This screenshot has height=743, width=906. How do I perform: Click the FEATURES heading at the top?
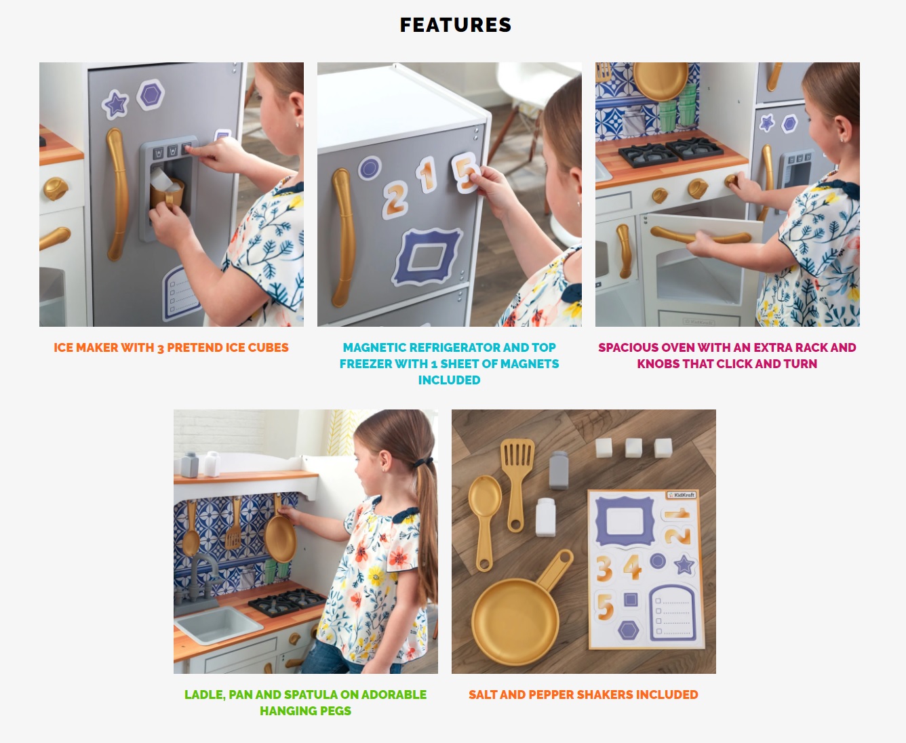(x=455, y=25)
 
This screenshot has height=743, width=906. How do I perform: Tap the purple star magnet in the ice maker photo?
(x=115, y=104)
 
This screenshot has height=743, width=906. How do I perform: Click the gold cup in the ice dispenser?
(x=166, y=193)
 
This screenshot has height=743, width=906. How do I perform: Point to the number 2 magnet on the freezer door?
(x=395, y=200)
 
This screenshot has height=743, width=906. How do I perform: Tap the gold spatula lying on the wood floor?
(x=517, y=485)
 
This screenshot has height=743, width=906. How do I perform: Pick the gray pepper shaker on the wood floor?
(x=559, y=470)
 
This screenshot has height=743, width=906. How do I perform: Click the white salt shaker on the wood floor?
(x=546, y=517)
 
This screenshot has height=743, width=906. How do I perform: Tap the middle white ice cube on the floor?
(x=633, y=447)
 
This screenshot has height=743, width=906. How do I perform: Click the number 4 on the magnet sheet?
(x=632, y=567)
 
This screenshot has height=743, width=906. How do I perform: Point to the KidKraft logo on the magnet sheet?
(x=682, y=495)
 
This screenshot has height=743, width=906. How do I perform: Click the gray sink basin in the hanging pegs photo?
(x=218, y=625)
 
